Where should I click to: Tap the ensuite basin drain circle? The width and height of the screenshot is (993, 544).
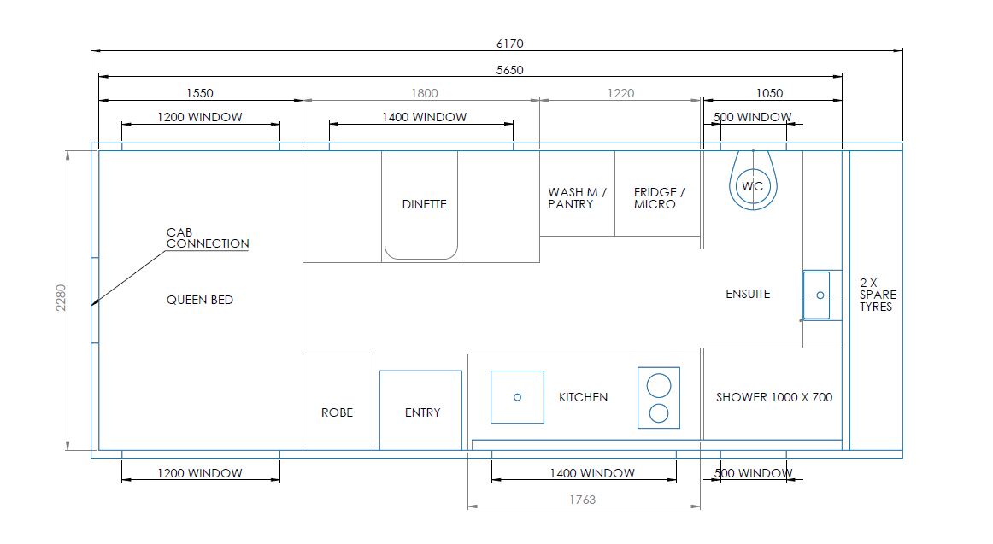point(820,295)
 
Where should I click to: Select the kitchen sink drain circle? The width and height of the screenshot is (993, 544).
point(517,397)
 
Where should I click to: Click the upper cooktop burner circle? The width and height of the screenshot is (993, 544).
point(659,385)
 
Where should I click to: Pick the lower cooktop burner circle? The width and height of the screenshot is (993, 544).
point(659,413)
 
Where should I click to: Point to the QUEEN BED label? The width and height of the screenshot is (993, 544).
point(199,300)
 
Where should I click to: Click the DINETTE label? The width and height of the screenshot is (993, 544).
point(425,204)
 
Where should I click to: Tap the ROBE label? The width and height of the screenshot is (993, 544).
point(337,412)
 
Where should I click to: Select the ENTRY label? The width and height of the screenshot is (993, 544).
point(422,412)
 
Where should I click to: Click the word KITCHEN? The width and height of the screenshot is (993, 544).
point(584,397)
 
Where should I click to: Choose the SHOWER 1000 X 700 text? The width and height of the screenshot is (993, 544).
point(774,397)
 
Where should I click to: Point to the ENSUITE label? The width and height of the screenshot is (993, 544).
point(748,294)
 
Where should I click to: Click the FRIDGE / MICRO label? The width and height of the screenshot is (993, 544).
point(659,198)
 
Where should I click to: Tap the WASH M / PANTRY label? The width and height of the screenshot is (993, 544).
point(577,198)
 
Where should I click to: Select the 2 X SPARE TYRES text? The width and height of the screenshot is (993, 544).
point(878,295)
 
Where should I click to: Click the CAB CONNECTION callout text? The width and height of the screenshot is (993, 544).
point(208,238)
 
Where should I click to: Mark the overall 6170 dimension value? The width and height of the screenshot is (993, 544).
point(510,44)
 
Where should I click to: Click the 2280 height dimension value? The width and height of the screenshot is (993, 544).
point(61,297)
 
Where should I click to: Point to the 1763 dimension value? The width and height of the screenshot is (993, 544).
point(583,500)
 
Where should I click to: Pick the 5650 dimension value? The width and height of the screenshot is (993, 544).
point(510,70)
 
